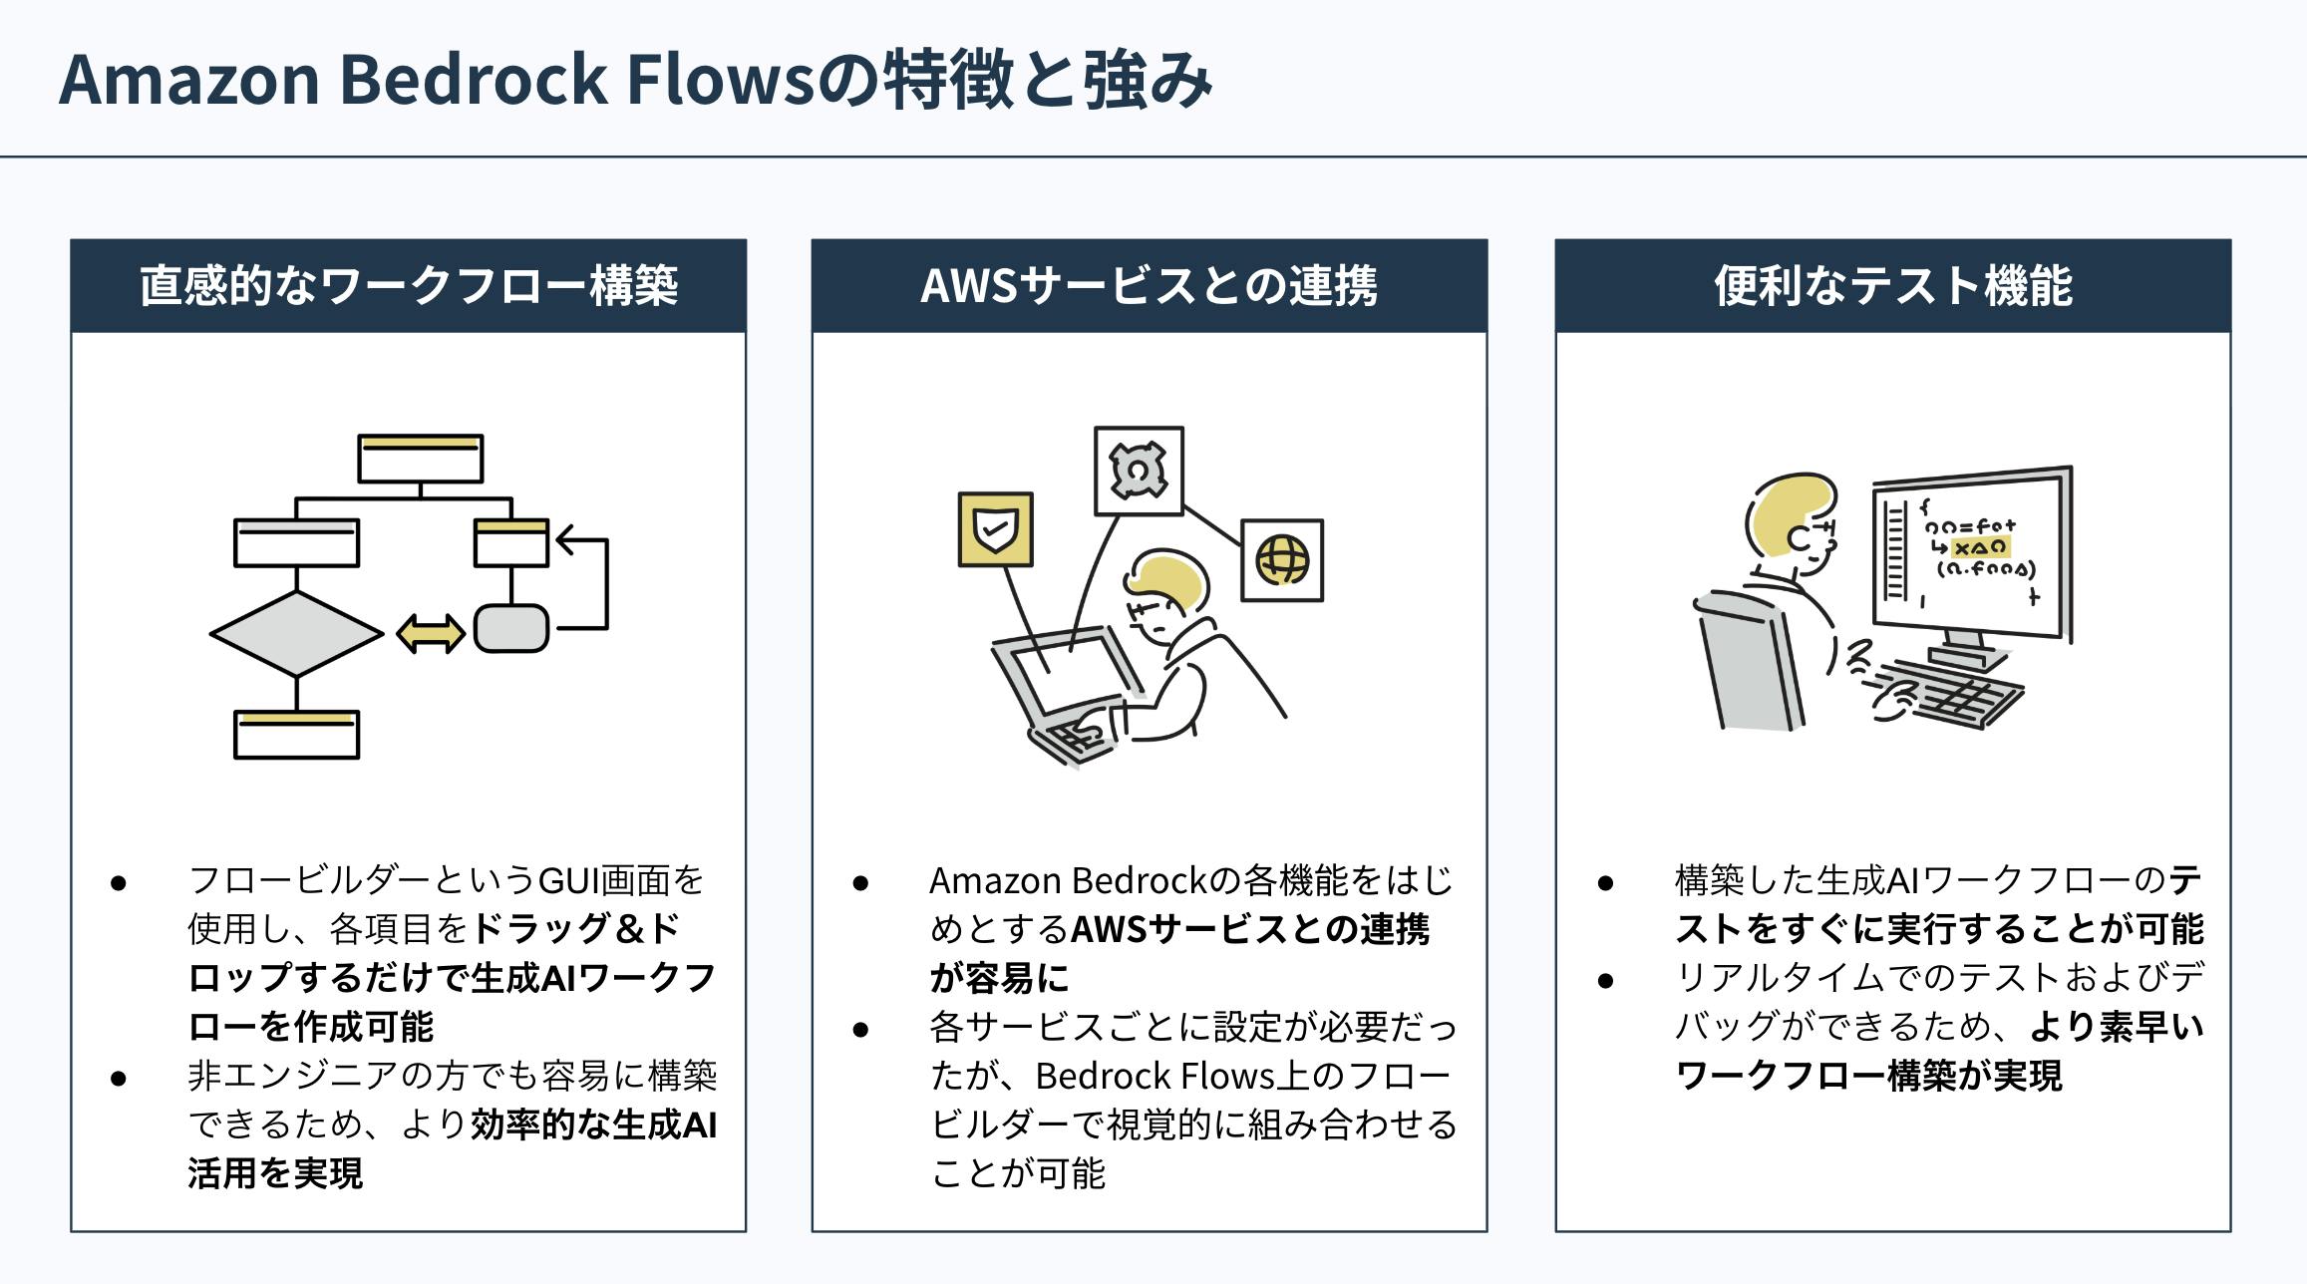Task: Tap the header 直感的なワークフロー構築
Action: click(409, 286)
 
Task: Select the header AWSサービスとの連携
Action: click(1150, 286)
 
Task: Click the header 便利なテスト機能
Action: click(1892, 286)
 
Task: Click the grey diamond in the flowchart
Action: click(296, 634)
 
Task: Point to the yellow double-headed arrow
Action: click(431, 634)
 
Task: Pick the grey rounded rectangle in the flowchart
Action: click(511, 629)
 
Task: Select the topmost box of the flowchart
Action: click(421, 459)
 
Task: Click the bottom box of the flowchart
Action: click(296, 735)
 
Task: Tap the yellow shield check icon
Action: click(995, 529)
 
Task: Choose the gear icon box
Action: click(1139, 472)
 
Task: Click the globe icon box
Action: click(1282, 560)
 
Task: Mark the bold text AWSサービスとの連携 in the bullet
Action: click(1250, 930)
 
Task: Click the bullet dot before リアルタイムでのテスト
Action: click(1605, 981)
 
